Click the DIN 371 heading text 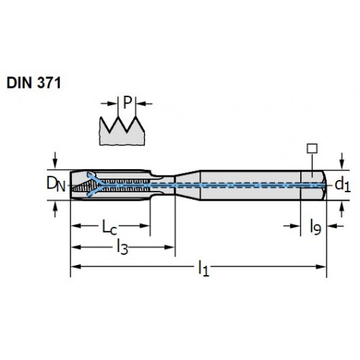point(34,83)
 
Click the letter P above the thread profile point(127,102)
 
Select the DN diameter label point(55,184)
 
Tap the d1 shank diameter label point(343,185)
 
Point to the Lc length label point(109,227)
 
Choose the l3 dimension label point(122,248)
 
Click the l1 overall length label point(204,269)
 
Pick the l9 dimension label point(315,227)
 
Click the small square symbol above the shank point(312,148)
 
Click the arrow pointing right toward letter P point(109,104)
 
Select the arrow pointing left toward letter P point(145,104)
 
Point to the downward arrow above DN point(55,161)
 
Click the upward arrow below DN point(55,209)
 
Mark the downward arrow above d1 point(342,161)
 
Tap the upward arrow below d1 point(342,210)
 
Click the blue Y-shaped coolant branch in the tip point(94,185)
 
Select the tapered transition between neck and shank point(188,185)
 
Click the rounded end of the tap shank point(324,185)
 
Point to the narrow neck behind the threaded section point(163,185)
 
